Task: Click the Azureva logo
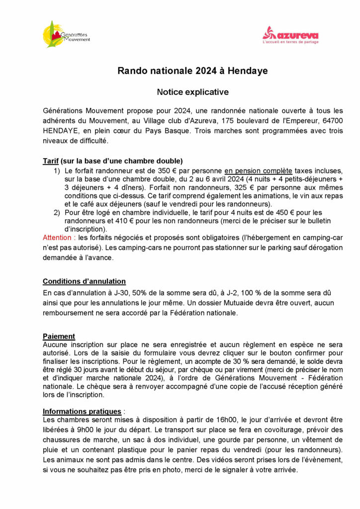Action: coord(290,35)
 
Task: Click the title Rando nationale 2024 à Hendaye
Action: coord(192,71)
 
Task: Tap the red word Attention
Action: coord(57,238)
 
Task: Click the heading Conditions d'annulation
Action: coord(84,281)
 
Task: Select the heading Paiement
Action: coord(59,336)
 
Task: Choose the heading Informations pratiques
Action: coord(82,412)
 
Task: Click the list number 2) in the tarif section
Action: coord(57,213)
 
